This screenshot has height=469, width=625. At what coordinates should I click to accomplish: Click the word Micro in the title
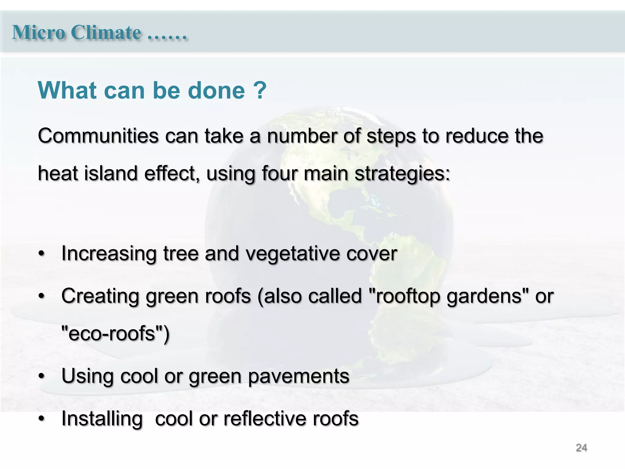click(38, 32)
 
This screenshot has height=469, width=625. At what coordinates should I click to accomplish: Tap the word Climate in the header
click(106, 32)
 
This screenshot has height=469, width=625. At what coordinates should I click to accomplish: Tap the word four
click(279, 173)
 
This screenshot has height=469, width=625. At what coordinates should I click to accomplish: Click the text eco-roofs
click(113, 333)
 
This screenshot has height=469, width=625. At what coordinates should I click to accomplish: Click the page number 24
click(581, 448)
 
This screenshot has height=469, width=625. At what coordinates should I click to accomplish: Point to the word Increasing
click(109, 254)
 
